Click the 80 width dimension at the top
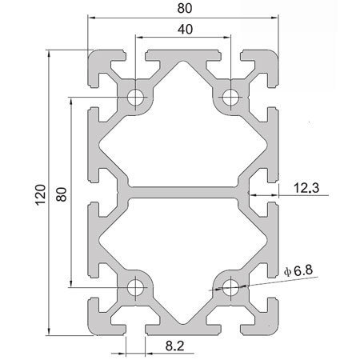tap(183, 9)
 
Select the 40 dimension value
tap(183, 30)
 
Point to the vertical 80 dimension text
tap(62, 193)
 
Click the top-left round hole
tap(136, 98)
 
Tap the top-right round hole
tap(230, 98)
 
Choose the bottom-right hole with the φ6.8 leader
tap(230, 286)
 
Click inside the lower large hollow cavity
tap(183, 252)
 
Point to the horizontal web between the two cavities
tap(183, 192)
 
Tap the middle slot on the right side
tap(272, 192)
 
